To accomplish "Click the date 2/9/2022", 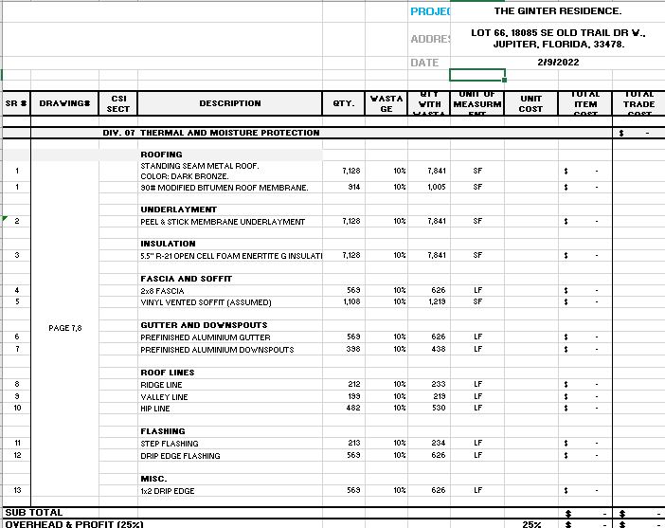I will tap(559, 63).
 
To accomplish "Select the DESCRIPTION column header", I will tap(229, 103).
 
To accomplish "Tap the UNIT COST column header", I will tap(530, 103).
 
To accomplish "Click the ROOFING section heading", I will tap(161, 154).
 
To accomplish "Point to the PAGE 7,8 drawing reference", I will tap(65, 328).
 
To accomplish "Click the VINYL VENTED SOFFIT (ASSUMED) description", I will tap(206, 302).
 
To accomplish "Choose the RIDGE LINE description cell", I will tap(166, 385).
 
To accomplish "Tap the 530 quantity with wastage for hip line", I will tap(437, 408).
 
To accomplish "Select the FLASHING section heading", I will tap(162, 430).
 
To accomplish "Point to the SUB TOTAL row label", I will tap(34, 513).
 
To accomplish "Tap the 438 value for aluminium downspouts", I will tap(437, 350).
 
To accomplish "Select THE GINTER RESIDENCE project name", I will tap(558, 11).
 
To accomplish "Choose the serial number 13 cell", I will tap(17, 490).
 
